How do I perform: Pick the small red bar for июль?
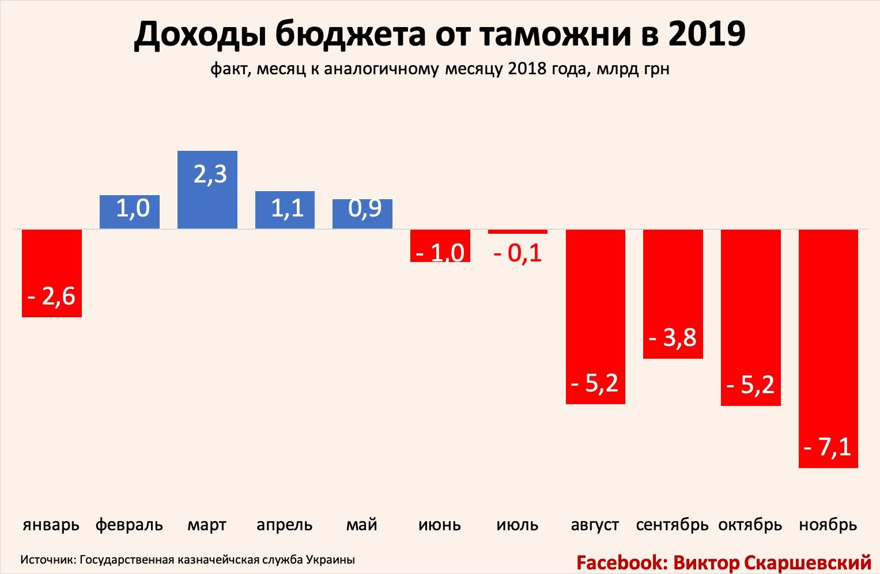[518, 231]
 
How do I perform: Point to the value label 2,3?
[210, 174]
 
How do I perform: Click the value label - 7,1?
[828, 447]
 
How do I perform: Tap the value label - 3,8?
[673, 337]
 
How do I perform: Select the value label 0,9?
[365, 208]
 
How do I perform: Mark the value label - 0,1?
[518, 253]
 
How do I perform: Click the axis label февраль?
[129, 525]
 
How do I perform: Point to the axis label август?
[595, 525]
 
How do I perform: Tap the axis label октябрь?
[750, 525]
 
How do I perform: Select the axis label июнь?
[440, 525]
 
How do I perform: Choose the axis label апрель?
[285, 525]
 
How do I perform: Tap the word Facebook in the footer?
[621, 562]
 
